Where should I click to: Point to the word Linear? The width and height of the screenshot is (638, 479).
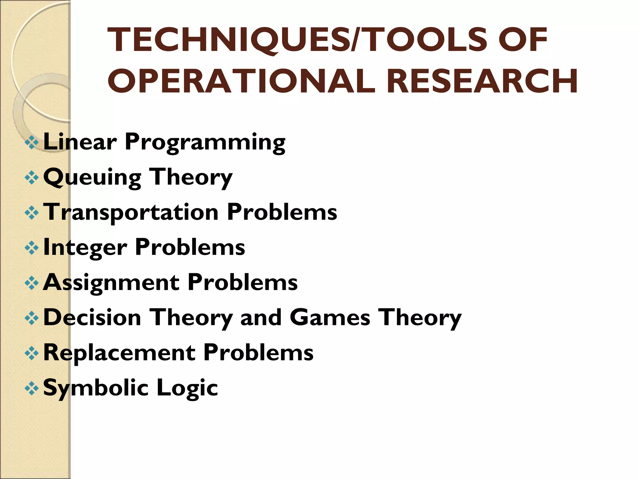(80, 142)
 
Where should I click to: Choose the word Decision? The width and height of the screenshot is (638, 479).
(92, 317)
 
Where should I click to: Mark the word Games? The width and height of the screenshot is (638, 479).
(330, 317)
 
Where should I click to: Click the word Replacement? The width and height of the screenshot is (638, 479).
(119, 353)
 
